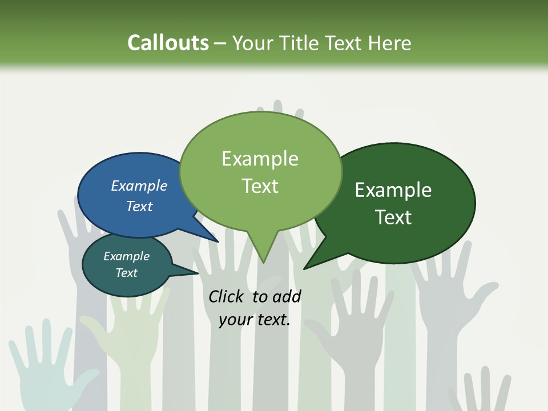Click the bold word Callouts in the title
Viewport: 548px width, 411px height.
tap(168, 43)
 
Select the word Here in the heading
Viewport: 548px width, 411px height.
tap(389, 43)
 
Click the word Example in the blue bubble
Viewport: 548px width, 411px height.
tap(139, 186)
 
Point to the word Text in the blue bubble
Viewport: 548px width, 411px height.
tap(139, 206)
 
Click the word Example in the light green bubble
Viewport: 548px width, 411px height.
tap(260, 159)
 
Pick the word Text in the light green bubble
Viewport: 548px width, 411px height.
tap(260, 186)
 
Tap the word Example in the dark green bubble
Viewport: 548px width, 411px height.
tap(393, 190)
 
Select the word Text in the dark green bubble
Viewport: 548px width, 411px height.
tap(393, 217)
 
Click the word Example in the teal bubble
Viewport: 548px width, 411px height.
tap(126, 256)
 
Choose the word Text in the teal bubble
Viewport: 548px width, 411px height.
tap(126, 273)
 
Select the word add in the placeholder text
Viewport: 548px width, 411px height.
tap(287, 296)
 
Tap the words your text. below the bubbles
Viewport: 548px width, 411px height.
tap(255, 320)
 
